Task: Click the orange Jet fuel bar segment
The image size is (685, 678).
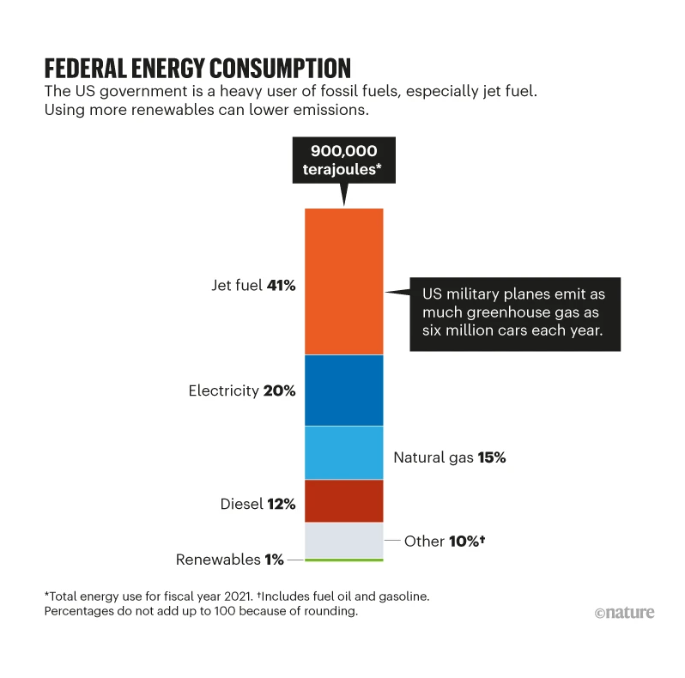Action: (343, 281)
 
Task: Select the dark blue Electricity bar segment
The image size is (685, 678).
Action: (343, 390)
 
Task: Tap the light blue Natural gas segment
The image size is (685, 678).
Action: (343, 452)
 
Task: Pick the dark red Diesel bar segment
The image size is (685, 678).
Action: (343, 500)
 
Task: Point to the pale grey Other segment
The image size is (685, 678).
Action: (343, 540)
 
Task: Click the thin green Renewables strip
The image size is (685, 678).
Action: (343, 560)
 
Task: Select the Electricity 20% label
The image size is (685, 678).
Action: (241, 390)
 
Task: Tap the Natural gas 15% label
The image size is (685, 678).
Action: (449, 457)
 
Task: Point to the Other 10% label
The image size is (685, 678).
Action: (445, 542)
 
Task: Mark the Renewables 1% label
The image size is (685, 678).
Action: (229, 560)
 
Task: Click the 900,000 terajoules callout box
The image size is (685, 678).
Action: (343, 160)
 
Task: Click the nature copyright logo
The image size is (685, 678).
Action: (624, 612)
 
